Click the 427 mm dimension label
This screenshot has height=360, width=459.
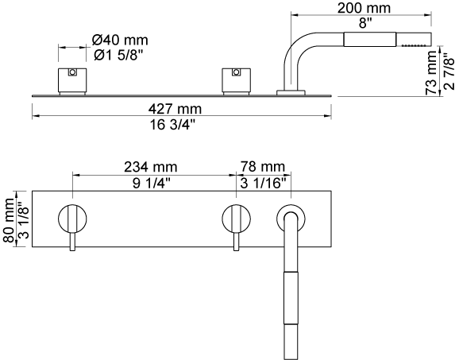(x=175, y=109)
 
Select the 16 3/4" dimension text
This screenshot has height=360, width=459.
(x=172, y=125)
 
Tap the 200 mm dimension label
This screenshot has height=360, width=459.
(x=364, y=8)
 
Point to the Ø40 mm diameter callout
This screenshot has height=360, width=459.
(x=120, y=40)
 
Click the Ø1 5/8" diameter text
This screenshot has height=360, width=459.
(x=118, y=55)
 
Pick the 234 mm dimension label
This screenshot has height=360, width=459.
(x=151, y=167)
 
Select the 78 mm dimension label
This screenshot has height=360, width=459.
(x=263, y=167)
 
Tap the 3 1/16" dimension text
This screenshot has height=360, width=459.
(x=263, y=184)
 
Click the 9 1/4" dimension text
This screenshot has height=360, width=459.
(x=152, y=184)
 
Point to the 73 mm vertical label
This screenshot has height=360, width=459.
(x=431, y=72)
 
